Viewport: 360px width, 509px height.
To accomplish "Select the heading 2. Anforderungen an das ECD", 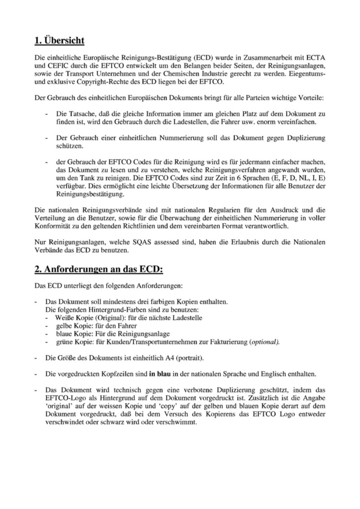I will (99, 269).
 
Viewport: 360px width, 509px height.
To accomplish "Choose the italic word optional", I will (265, 342).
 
